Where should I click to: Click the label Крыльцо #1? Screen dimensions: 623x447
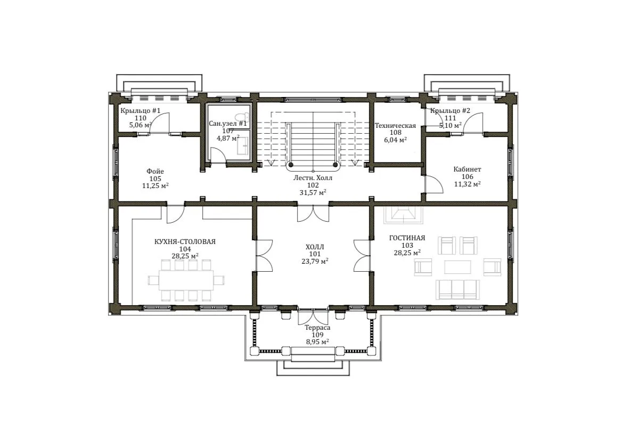point(140,111)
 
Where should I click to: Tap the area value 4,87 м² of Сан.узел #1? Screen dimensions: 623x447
point(228,138)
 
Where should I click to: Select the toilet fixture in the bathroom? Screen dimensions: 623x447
point(242,117)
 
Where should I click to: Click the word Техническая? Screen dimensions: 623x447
point(395,126)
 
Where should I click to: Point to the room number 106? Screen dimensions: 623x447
point(468,176)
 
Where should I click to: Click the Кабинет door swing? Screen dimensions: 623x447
point(434,184)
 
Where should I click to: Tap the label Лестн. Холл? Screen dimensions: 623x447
point(313,178)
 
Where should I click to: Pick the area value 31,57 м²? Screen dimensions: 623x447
point(313,192)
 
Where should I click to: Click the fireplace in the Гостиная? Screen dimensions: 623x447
point(404,215)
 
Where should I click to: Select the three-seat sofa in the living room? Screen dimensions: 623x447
point(457,289)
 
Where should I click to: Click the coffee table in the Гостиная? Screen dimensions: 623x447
point(457,267)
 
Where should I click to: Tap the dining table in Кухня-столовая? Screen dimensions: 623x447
point(186,280)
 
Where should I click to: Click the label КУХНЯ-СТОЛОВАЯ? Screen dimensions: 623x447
point(185,242)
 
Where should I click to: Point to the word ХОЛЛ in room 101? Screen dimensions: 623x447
point(315,247)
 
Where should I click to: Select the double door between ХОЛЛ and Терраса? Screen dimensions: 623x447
point(313,316)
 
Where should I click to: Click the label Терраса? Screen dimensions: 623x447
point(317,328)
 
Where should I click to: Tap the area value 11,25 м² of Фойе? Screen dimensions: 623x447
point(155,186)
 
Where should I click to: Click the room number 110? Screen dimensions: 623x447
point(140,118)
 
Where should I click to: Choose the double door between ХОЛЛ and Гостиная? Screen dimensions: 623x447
point(362,255)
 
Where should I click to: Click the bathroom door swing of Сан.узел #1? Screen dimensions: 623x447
point(218,155)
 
